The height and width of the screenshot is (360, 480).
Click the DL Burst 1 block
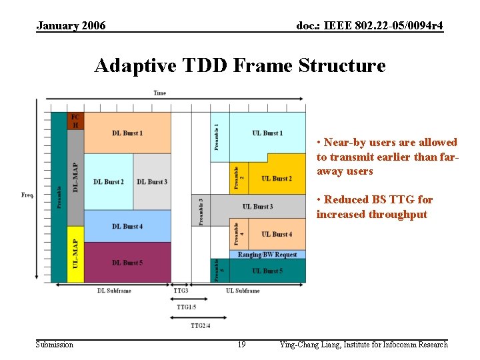point(127,133)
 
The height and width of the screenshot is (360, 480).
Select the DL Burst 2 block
point(109,181)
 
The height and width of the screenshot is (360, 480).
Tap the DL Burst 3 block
point(152,181)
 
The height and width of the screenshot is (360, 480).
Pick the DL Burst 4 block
point(127,226)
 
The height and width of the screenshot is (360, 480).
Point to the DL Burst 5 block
point(127,263)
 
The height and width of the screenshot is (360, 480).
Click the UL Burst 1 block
point(267,133)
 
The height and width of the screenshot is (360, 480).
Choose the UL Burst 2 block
point(276,178)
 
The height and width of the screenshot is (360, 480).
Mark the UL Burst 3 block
point(257,207)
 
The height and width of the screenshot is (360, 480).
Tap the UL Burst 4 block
point(276,234)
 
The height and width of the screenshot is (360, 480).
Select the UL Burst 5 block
point(267,271)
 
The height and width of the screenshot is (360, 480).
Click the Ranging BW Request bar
point(267,255)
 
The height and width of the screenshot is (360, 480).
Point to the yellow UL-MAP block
point(75,254)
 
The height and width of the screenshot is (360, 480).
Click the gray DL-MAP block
point(75,177)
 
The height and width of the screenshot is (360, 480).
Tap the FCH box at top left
point(75,121)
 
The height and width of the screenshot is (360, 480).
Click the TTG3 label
point(181,291)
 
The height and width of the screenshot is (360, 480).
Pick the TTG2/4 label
point(200,325)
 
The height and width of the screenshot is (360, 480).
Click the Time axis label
point(160,93)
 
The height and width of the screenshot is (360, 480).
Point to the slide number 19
point(241,345)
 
